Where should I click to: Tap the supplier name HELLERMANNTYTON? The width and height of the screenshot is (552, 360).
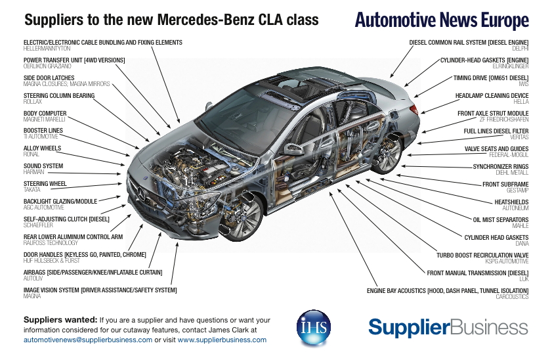pos(47,49)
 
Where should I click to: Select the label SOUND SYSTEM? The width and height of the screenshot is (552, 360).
pos(43,166)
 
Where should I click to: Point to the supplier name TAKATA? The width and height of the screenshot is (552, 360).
pos(32,189)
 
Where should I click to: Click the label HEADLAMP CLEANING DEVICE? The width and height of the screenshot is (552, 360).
pos(492,95)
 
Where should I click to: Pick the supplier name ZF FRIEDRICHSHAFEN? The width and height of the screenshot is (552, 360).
pos(503,120)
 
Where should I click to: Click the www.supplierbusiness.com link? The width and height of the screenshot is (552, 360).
pos(222,340)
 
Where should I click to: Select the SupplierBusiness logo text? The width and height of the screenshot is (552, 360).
pos(448,326)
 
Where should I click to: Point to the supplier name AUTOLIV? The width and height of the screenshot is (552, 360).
pos(33,279)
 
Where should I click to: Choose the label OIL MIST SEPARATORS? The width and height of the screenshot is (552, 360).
pos(500,219)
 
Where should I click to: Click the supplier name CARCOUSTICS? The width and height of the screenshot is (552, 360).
pos(512,296)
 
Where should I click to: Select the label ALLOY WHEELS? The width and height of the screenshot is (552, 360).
pos(42,148)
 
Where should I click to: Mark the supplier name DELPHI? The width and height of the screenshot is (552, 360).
pos(520,49)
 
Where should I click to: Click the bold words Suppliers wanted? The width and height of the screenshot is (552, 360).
pos(60,320)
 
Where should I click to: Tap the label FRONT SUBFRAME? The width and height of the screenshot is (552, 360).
pos(505,184)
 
